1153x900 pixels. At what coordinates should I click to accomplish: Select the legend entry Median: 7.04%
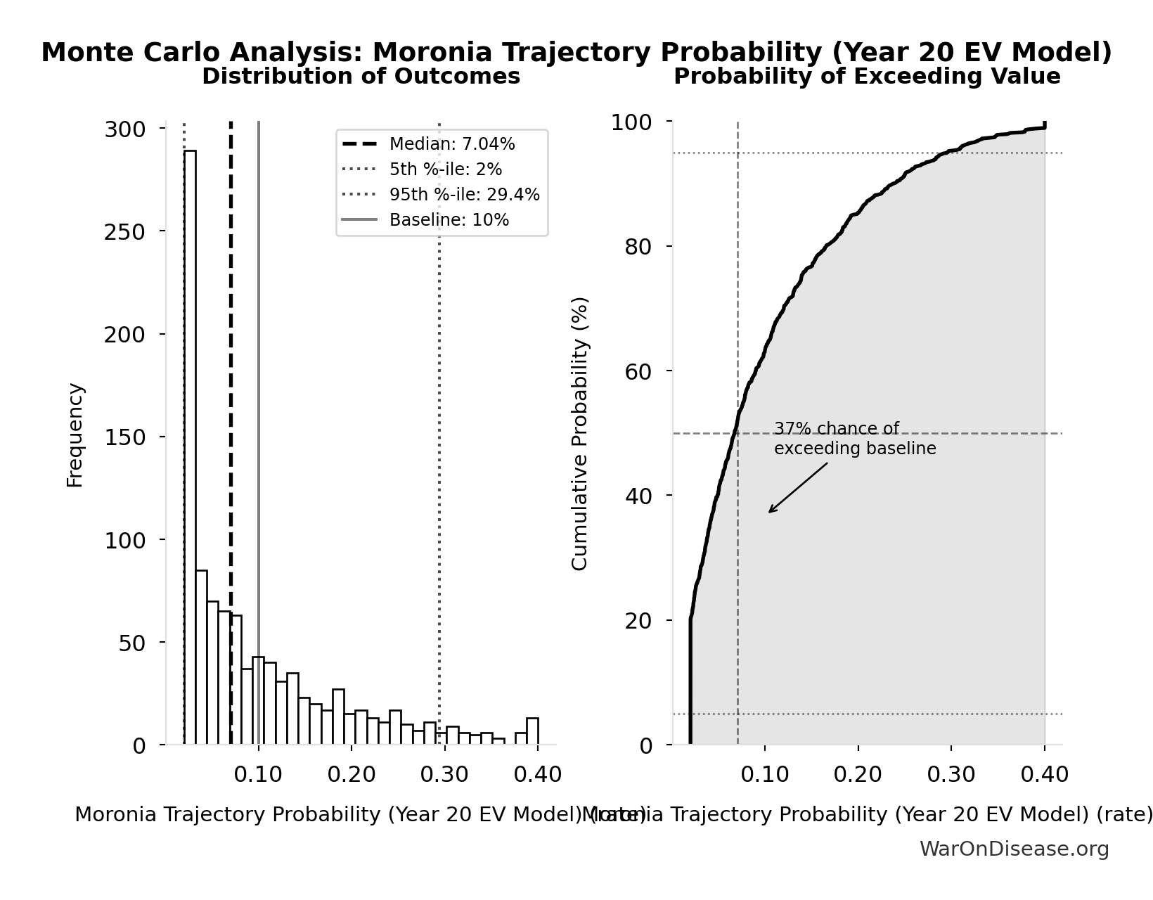point(451,144)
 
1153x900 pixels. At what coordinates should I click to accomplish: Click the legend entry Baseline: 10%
point(449,220)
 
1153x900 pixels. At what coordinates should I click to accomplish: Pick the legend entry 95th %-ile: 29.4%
point(464,195)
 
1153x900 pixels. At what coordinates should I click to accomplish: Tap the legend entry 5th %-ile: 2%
point(445,169)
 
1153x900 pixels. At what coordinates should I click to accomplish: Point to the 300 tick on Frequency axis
point(124,129)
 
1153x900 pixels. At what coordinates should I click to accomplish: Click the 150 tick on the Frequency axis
point(124,437)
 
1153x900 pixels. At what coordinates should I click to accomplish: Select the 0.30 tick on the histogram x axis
point(444,775)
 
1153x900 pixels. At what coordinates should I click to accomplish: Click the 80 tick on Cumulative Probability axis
point(638,247)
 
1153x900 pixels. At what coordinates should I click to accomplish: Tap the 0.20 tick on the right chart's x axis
point(858,775)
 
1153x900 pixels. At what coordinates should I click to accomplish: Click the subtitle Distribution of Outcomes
point(361,77)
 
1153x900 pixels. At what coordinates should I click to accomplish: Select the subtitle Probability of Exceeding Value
point(866,77)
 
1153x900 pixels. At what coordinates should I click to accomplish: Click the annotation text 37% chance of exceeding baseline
point(854,439)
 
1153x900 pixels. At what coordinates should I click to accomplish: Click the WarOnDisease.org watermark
point(1014,849)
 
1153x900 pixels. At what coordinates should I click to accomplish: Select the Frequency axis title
point(75,435)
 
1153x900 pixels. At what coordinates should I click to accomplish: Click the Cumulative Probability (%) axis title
point(580,433)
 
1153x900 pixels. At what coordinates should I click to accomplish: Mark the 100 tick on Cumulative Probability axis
point(631,122)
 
